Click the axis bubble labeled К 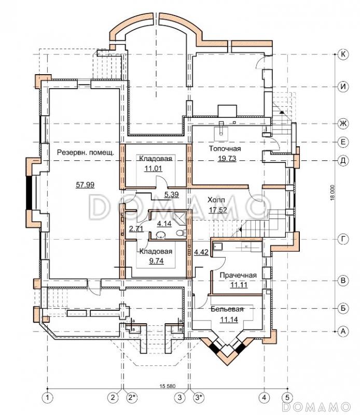click(343, 54)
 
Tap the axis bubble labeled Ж click(343, 123)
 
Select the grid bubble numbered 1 click(48, 397)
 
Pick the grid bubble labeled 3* click(199, 397)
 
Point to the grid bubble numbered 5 click(288, 397)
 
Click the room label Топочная click(225, 148)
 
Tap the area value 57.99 click(85, 185)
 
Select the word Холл click(216, 200)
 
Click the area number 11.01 click(153, 168)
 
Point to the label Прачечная click(238, 275)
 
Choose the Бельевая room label click(227, 309)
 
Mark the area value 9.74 click(157, 261)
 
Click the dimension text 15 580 click(168, 386)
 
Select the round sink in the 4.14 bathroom click(160, 235)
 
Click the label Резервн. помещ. click(86, 153)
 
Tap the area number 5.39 click(172, 195)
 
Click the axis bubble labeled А click(343, 331)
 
